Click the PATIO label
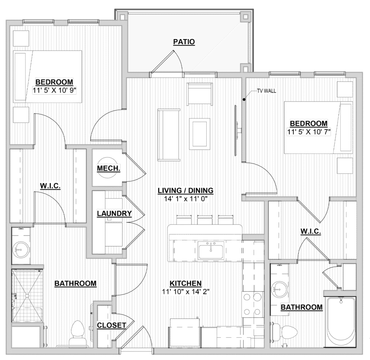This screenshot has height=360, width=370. click(x=184, y=42)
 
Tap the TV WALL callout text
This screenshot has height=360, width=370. click(x=266, y=91)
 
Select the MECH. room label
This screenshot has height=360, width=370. click(x=108, y=168)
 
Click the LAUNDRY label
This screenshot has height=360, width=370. click(x=114, y=213)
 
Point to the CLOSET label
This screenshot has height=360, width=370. click(x=111, y=325)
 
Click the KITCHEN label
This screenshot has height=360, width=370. click(x=185, y=283)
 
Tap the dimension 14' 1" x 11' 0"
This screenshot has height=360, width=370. click(x=185, y=199)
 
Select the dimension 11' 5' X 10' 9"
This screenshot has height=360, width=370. click(x=54, y=90)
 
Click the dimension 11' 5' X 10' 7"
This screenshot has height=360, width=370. click(x=309, y=132)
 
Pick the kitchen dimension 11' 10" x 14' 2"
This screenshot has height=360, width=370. click(x=185, y=292)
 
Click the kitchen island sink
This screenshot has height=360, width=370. click(x=211, y=252)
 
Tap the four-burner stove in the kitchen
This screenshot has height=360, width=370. click(x=252, y=305)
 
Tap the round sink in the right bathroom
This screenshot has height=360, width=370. click(x=279, y=289)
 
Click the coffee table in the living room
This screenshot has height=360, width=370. click(x=199, y=134)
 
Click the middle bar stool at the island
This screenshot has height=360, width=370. click(x=205, y=219)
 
